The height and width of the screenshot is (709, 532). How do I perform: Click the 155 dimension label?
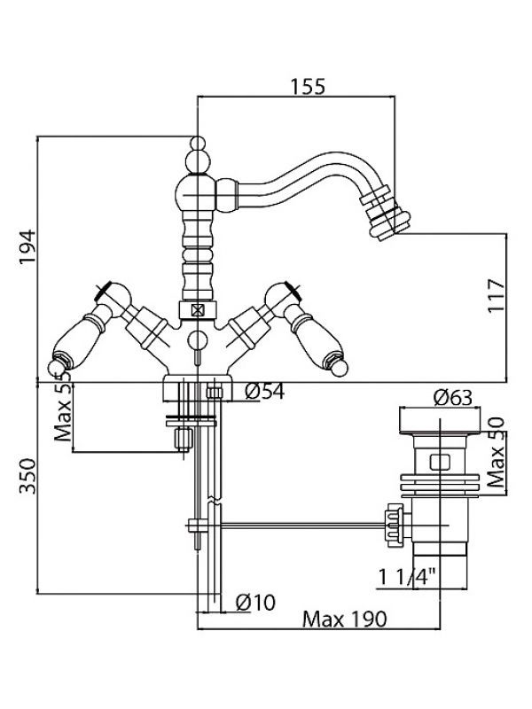click(308, 86)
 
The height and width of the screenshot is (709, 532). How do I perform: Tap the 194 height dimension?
click(27, 247)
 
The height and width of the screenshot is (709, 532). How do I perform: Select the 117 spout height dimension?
click(497, 295)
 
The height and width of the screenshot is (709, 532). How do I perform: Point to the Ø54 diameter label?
click(264, 391)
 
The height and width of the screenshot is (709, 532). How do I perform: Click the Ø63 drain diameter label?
click(452, 397)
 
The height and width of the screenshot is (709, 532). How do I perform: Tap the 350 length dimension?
click(27, 476)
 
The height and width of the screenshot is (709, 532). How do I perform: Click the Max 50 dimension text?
click(496, 453)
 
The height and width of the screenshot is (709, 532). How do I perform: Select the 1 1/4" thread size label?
click(407, 577)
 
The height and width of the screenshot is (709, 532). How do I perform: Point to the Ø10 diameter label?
click(255, 603)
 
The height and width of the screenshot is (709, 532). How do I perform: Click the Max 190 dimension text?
click(345, 619)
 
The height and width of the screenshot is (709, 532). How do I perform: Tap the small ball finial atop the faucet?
click(198, 143)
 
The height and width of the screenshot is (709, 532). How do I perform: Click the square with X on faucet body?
click(198, 310)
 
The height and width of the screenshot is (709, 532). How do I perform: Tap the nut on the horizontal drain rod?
click(394, 526)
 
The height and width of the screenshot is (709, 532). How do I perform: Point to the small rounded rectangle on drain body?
click(440, 462)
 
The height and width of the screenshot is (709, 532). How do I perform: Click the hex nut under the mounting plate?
click(184, 439)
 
